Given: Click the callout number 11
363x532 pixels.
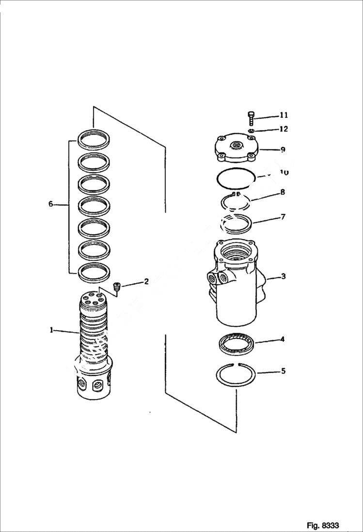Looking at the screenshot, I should tap(284, 115).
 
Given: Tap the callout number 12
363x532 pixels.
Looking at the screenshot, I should tap(284, 129).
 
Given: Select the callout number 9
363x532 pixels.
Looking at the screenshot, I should tap(282, 150).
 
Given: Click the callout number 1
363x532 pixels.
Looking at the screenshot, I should tap(51, 330).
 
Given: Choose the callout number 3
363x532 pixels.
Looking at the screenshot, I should tap(283, 277).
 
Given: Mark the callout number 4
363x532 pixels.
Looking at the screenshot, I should tap(282, 339).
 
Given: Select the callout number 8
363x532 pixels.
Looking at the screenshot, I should tap(282, 193).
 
